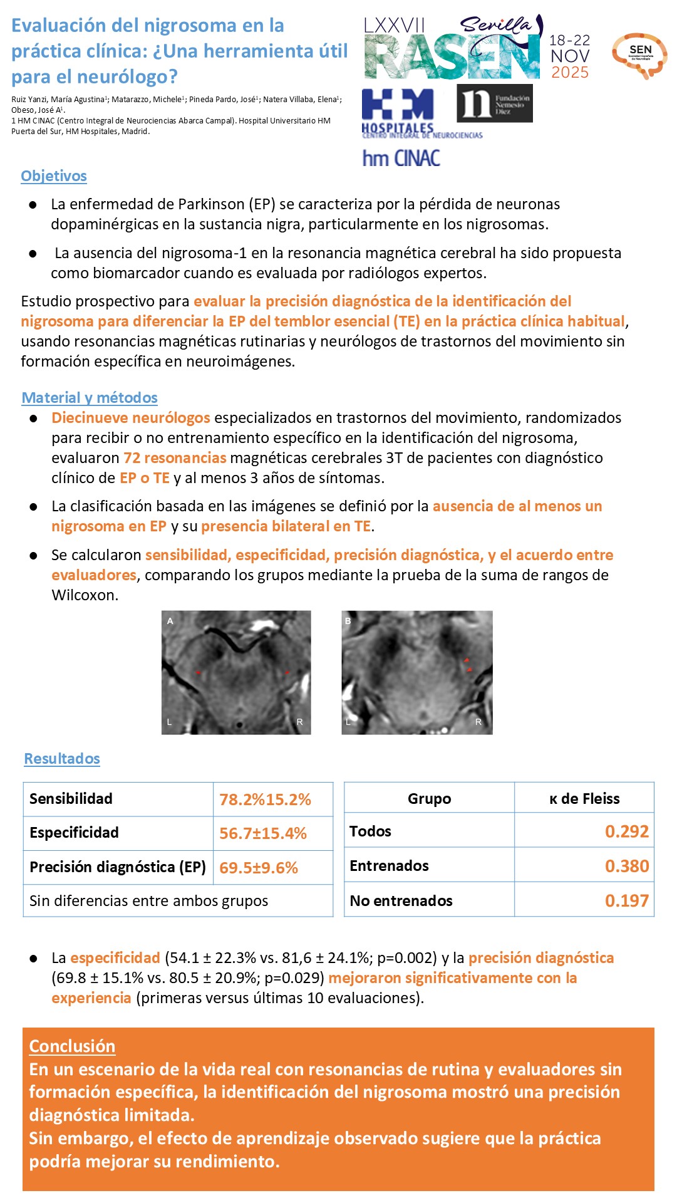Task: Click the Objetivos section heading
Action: pos(54,176)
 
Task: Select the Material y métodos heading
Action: pos(90,398)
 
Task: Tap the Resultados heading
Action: pos(62,759)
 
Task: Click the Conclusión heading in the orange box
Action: pos(72,1046)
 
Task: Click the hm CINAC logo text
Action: pos(401,158)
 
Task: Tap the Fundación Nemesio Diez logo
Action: pos(495,104)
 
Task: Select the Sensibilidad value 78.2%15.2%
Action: pos(265,799)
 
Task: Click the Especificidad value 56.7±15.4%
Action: pos(263,833)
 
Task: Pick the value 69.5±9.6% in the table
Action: pos(259,868)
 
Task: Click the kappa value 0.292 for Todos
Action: pos(626,831)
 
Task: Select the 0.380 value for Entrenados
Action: pos(626,866)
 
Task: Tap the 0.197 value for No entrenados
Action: pos(626,901)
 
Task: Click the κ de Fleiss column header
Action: pos(584,799)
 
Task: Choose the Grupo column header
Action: pos(429,799)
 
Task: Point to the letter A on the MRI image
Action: pos(170,621)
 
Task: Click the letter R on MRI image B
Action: pos(478,722)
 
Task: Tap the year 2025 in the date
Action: pos(570,73)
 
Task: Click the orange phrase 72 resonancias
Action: pos(175,458)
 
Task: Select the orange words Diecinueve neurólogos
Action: pos(131,418)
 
